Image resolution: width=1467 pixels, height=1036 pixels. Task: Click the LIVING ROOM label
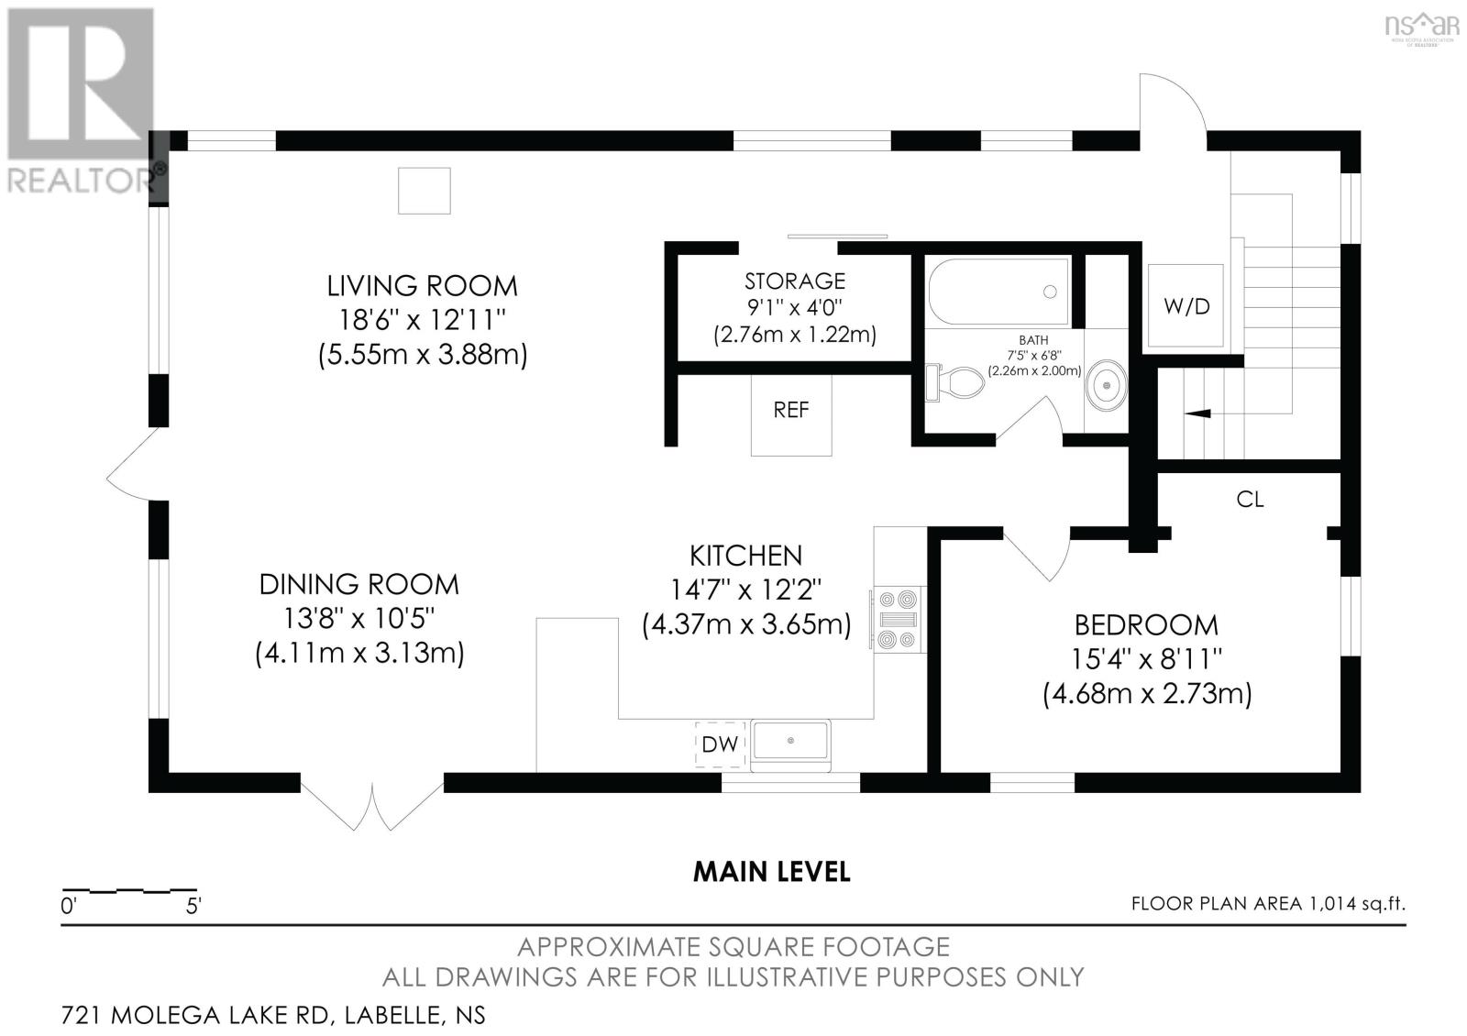click(423, 286)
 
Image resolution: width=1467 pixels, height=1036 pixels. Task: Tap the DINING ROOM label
click(358, 584)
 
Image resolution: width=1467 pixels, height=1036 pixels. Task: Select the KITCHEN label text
click(746, 556)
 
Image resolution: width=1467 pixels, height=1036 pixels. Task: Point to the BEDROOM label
click(1146, 625)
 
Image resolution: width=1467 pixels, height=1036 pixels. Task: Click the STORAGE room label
click(794, 281)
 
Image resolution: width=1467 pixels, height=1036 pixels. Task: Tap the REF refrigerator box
click(791, 413)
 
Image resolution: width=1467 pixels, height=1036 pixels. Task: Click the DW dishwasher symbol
click(720, 744)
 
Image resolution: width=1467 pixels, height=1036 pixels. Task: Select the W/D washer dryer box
click(1186, 305)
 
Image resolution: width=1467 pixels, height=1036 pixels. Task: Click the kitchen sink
click(790, 741)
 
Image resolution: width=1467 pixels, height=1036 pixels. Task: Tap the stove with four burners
click(898, 620)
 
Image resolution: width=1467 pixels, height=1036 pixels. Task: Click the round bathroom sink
click(1106, 385)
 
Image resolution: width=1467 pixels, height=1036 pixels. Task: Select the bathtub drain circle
click(1050, 292)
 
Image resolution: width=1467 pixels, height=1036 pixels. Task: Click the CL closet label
click(1250, 500)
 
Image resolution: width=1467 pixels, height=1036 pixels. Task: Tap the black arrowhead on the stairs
click(1197, 413)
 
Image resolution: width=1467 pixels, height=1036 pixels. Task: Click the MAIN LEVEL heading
click(771, 872)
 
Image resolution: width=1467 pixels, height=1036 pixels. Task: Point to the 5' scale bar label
click(193, 907)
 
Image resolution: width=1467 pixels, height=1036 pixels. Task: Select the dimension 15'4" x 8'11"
click(1146, 659)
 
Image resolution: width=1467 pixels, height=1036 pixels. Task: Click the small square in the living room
click(425, 191)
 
